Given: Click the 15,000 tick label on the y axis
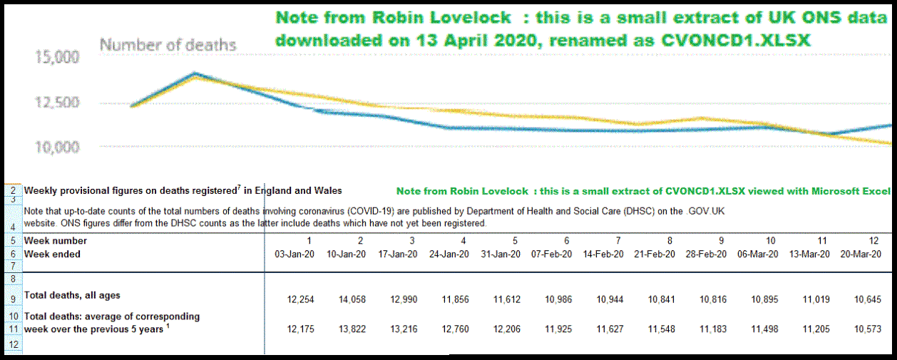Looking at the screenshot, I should point(58,57).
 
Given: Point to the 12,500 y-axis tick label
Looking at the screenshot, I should point(58,102).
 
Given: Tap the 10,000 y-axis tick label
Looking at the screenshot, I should point(58,147).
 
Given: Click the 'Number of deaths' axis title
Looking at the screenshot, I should point(168,45).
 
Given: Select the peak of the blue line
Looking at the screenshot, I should point(195,73).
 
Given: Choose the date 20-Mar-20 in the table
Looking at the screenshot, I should point(861,254).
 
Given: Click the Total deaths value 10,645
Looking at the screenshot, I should point(867,299).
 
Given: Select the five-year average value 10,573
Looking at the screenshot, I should point(867,329).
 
